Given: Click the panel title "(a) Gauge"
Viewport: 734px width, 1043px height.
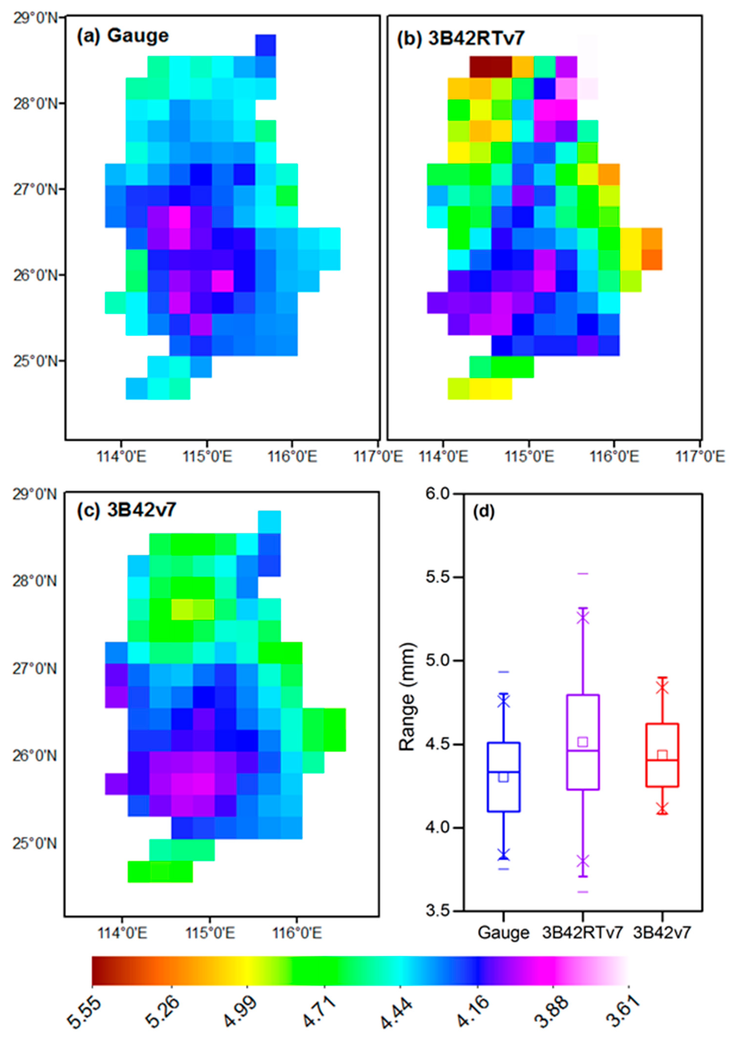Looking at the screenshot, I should coord(123,36).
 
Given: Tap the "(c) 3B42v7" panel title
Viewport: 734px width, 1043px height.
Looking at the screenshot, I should coord(126,511).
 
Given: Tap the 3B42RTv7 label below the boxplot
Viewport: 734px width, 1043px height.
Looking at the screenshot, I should coord(582,933).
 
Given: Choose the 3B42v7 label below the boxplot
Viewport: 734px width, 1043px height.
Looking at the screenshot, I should coord(662,933).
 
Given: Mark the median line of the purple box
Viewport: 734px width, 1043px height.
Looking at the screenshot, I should coord(583,751).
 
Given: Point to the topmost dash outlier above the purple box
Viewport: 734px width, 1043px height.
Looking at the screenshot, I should coord(583,574).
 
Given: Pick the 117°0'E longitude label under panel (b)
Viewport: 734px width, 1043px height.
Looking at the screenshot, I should coord(700,456).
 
